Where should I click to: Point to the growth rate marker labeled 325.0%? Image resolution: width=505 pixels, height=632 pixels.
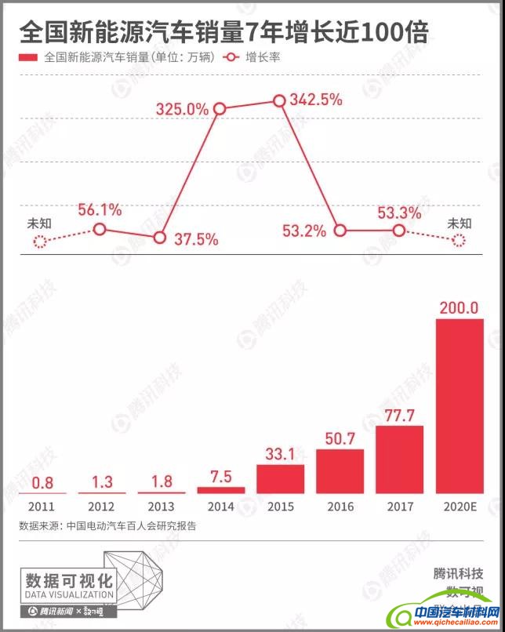click(220, 109)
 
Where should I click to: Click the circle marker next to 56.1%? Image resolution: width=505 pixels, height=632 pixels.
click(100, 229)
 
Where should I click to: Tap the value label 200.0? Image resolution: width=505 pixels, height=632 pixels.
click(460, 307)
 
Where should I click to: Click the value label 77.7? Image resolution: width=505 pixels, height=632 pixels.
click(400, 415)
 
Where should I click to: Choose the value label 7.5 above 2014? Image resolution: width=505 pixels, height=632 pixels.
click(220, 477)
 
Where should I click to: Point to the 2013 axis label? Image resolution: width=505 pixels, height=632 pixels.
click(160, 507)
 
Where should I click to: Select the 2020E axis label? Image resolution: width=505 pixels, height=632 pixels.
click(460, 507)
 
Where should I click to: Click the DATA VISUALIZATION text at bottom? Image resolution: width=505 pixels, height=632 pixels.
click(70, 595)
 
